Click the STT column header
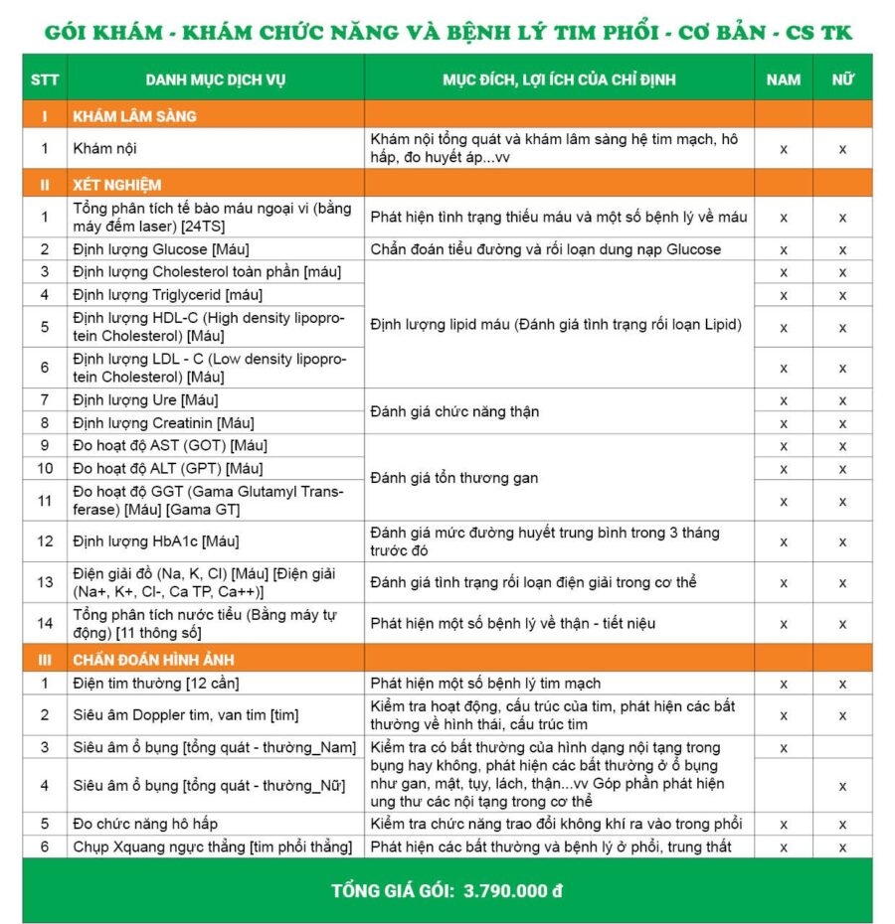click(44, 79)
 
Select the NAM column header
click(784, 79)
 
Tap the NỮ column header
click(842, 79)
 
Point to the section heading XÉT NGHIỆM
click(117, 185)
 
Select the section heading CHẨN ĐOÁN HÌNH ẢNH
click(153, 660)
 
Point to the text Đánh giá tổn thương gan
click(453, 478)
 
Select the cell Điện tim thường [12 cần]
click(156, 684)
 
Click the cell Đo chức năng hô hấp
click(145, 824)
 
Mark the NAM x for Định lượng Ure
click(784, 400)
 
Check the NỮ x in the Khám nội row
click(842, 149)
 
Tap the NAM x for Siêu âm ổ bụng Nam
click(784, 747)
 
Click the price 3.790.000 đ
click(513, 890)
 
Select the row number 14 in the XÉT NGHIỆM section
click(44, 624)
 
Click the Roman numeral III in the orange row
click(44, 660)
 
